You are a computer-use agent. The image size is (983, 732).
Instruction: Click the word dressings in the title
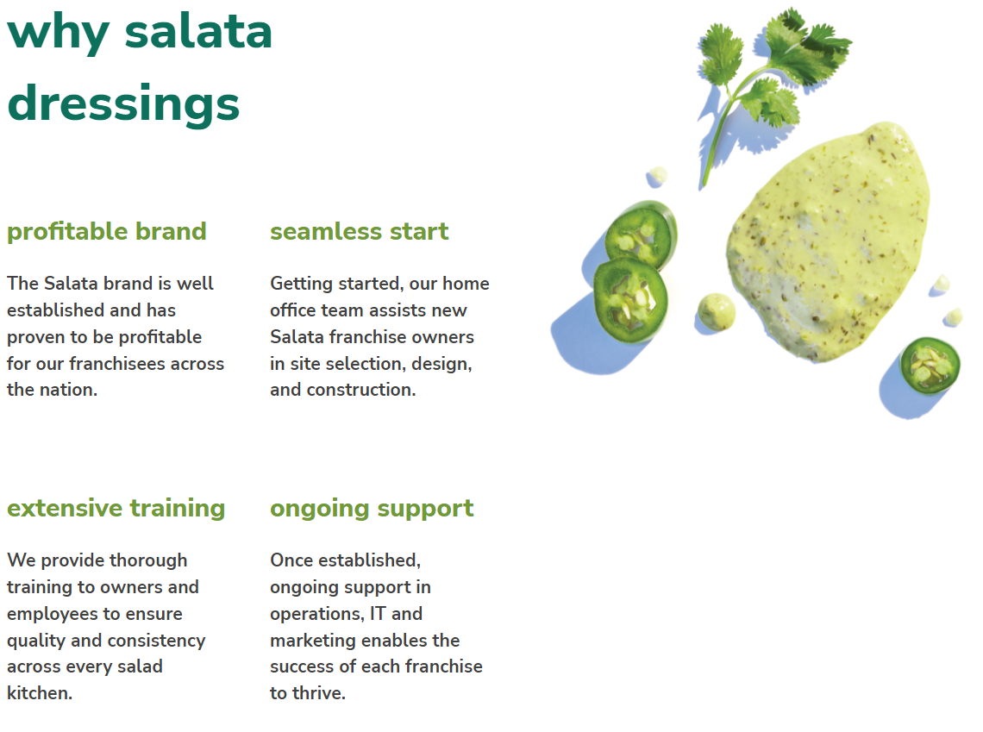(x=123, y=104)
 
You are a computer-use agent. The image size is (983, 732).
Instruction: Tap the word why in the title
(x=59, y=34)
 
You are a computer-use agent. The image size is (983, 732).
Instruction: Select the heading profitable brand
(x=107, y=232)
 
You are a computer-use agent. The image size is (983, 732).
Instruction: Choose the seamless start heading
(x=360, y=232)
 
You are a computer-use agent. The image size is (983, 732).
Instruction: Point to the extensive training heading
(x=116, y=509)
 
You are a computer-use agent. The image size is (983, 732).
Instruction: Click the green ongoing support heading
(x=372, y=509)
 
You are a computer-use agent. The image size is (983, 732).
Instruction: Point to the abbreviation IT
(x=378, y=614)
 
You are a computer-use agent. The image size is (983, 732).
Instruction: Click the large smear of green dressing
(x=828, y=241)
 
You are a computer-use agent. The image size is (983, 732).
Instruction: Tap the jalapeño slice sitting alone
(x=930, y=366)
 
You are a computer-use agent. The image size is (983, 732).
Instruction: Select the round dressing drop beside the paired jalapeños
(x=717, y=311)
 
